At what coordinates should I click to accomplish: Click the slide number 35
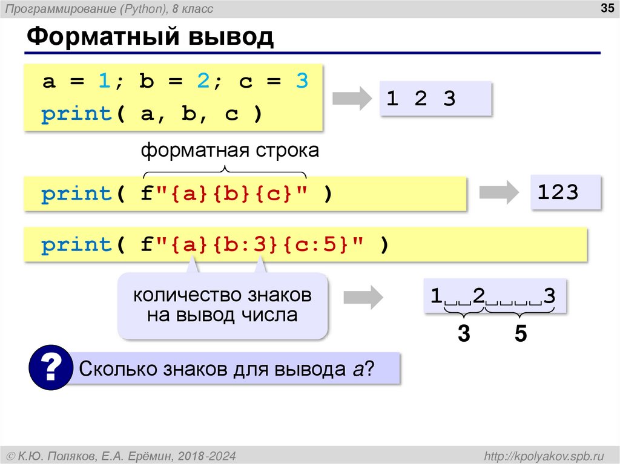tap(605, 8)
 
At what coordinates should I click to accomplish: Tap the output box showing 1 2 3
tap(434, 99)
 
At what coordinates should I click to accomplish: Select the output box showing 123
tap(566, 193)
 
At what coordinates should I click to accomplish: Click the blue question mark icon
tap(51, 367)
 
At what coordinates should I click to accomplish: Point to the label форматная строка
tap(229, 151)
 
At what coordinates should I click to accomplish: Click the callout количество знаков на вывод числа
tap(222, 306)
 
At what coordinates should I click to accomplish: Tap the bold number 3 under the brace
tap(464, 333)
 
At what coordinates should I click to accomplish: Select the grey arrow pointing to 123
tap(498, 192)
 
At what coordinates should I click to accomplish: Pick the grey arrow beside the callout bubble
tap(363, 296)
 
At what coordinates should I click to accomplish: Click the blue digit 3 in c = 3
tap(302, 82)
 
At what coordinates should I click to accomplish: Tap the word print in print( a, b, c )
tap(76, 115)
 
